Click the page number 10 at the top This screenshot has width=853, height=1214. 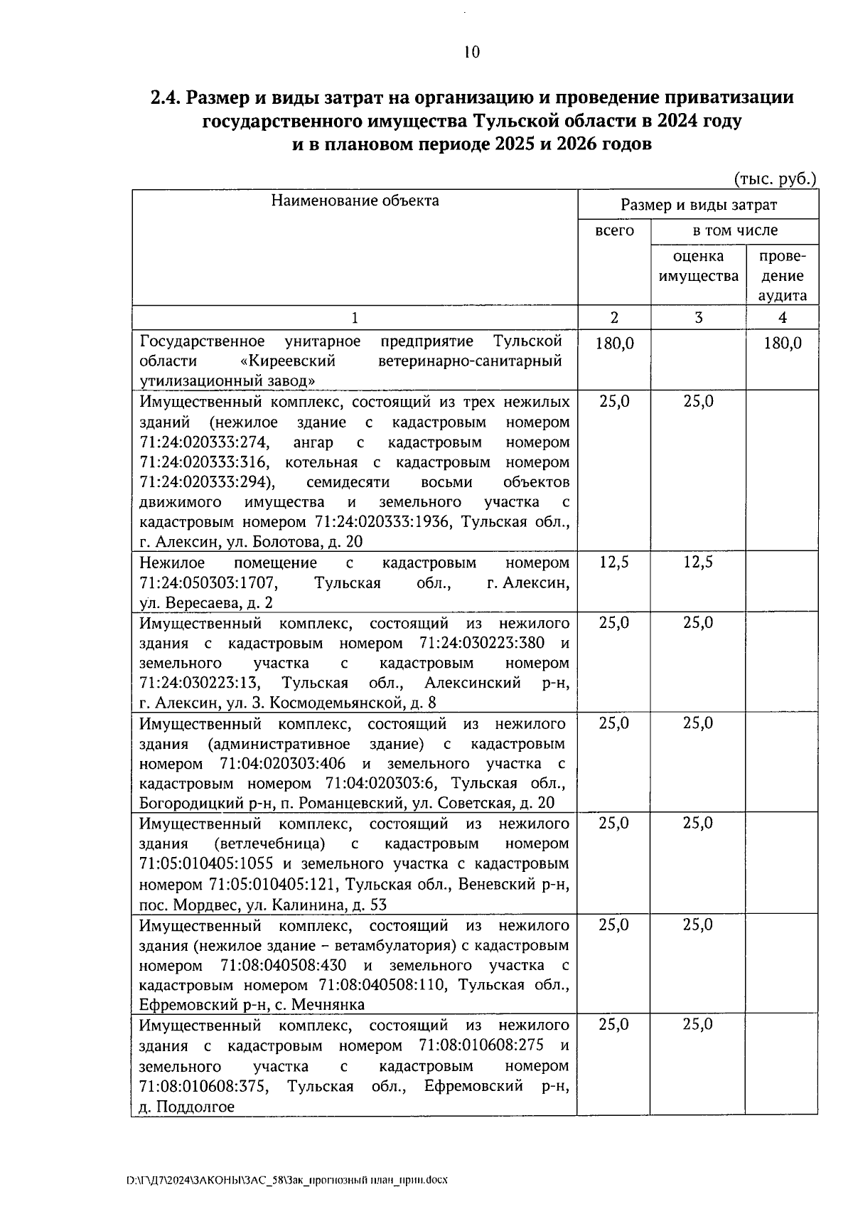[x=471, y=52]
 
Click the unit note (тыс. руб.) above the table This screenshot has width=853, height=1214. [x=775, y=179]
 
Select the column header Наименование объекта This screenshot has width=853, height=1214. [x=355, y=201]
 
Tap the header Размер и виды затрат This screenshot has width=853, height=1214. [x=698, y=206]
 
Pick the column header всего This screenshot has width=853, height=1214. [x=614, y=230]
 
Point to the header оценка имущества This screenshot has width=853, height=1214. [x=698, y=266]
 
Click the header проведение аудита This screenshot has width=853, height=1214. [x=782, y=276]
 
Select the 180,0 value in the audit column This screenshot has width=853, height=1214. [x=782, y=344]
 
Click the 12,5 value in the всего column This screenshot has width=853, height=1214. [x=614, y=563]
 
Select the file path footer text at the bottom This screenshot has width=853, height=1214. [x=286, y=1179]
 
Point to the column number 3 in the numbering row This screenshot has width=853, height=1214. [x=698, y=318]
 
